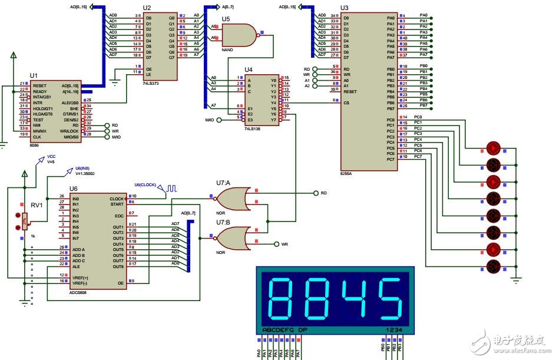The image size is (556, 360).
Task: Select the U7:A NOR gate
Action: click(232, 199)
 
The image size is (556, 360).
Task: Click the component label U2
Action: click(147, 8)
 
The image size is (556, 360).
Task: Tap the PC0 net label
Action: click(419, 117)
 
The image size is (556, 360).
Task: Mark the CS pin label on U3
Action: click(346, 103)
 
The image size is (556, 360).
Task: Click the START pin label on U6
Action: click(117, 204)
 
